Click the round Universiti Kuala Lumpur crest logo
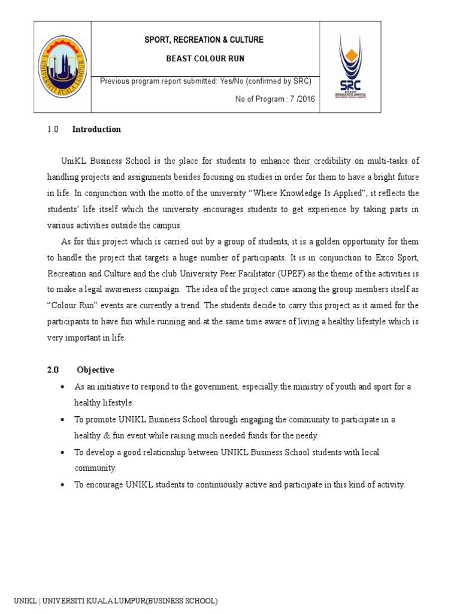[x=62, y=67]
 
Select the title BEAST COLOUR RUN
[x=205, y=59]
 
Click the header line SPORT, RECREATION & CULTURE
[x=205, y=40]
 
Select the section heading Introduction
[x=96, y=129]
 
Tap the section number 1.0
[x=53, y=129]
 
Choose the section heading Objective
[x=95, y=370]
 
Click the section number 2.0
[x=53, y=370]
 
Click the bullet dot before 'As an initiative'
[x=62, y=387]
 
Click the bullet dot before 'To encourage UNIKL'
[x=62, y=485]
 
